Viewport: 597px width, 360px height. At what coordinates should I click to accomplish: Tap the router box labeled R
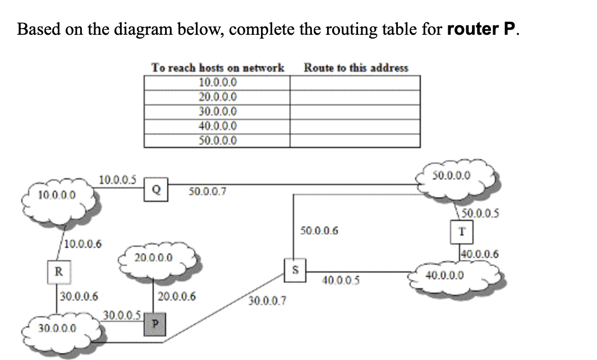click(x=58, y=272)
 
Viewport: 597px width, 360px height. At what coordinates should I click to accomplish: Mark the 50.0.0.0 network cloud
click(x=457, y=175)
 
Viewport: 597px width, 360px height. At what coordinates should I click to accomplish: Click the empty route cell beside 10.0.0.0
click(x=355, y=82)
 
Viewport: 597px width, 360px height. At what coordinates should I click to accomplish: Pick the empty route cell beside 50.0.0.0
click(x=355, y=141)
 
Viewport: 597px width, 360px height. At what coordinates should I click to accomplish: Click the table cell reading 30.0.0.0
click(x=218, y=112)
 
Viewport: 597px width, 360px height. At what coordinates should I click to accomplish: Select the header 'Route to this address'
click(x=356, y=67)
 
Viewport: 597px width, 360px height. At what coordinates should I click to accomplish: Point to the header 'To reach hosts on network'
click(x=218, y=67)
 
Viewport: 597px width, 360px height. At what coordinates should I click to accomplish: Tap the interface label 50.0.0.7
click(x=207, y=192)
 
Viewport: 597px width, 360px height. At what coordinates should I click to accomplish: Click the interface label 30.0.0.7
click(x=267, y=302)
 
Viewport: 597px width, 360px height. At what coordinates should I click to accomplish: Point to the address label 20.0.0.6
click(x=177, y=296)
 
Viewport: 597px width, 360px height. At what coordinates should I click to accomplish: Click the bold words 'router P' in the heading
click(x=481, y=29)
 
